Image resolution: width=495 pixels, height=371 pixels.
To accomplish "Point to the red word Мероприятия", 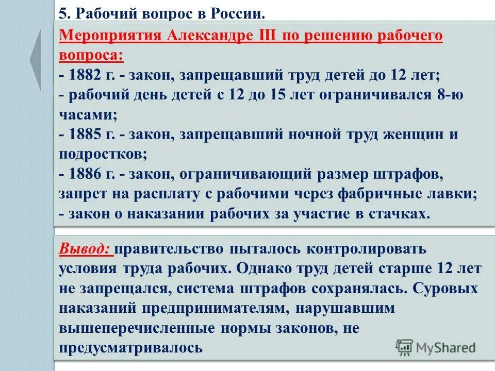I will (110, 36).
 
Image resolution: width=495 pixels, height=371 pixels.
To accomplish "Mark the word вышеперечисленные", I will (131, 328).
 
